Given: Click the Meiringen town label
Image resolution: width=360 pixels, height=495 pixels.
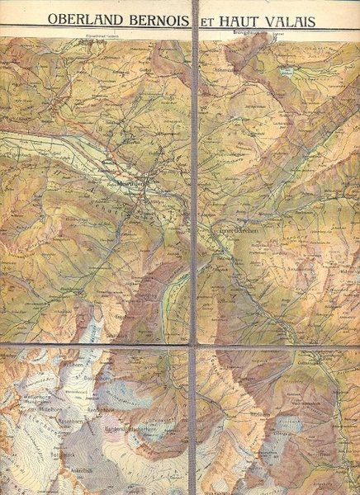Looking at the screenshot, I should (x=130, y=184).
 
